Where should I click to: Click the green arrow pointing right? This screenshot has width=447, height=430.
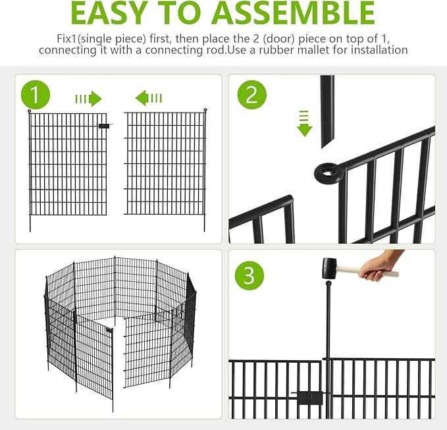coord(88,99)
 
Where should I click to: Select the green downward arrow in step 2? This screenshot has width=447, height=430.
coord(304,124)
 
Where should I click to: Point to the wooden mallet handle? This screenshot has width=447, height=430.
coord(369,271)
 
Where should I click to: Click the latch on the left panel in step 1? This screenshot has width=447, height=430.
coord(104,125)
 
